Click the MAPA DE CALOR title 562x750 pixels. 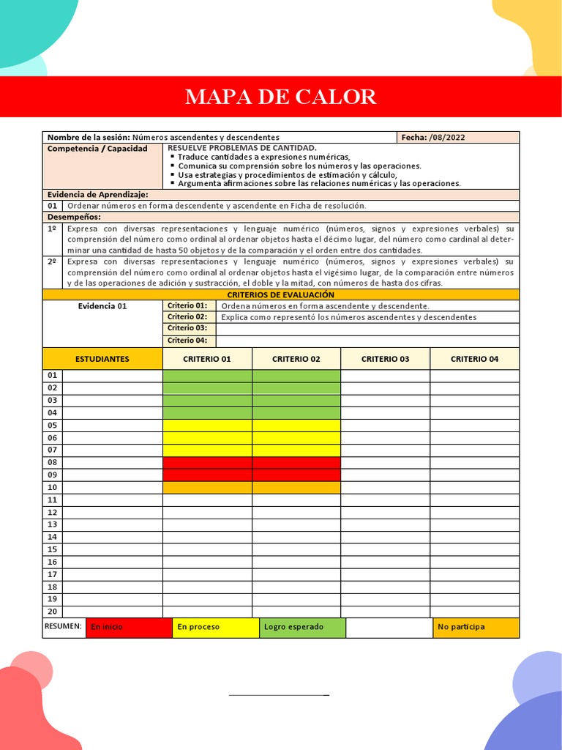pyautogui.click(x=281, y=97)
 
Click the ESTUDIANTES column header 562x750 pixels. pyautogui.click(x=102, y=359)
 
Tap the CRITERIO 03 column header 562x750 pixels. pyautogui.click(x=385, y=359)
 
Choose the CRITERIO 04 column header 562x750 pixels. pyautogui.click(x=474, y=359)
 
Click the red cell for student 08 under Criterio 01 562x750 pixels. pyautogui.click(x=207, y=463)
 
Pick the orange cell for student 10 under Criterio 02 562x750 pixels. pyautogui.click(x=296, y=488)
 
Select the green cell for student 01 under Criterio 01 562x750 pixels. pyautogui.click(x=207, y=376)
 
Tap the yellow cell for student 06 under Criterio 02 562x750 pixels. pyautogui.click(x=296, y=438)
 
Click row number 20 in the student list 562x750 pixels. pyautogui.click(x=53, y=612)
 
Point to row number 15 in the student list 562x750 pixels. pyautogui.click(x=53, y=549)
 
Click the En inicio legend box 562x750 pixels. pyautogui.click(x=129, y=628)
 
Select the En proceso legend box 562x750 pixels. pyautogui.click(x=215, y=628)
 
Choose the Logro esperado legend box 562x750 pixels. pyautogui.click(x=302, y=628)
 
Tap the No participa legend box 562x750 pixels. pyautogui.click(x=476, y=628)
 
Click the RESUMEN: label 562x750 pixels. pyautogui.click(x=64, y=627)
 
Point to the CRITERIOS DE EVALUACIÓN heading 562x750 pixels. pyautogui.click(x=281, y=294)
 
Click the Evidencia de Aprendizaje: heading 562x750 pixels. pyautogui.click(x=97, y=195)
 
